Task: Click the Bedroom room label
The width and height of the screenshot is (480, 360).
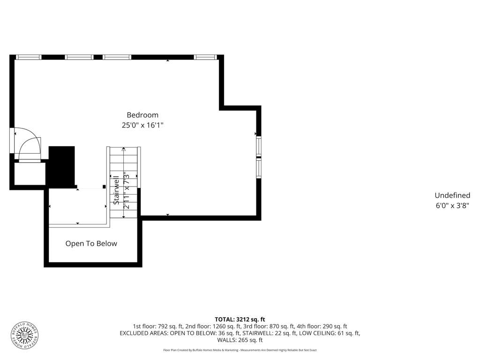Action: click(142, 115)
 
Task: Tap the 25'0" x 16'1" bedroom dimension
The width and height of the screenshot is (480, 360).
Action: click(142, 125)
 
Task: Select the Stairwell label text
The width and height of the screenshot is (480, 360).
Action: click(116, 190)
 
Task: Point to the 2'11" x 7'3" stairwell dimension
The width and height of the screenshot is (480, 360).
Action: click(126, 190)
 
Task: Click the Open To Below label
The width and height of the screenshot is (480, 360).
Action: click(91, 244)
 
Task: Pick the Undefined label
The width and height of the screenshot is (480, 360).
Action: click(452, 195)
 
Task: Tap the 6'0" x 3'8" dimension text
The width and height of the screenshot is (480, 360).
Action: click(452, 206)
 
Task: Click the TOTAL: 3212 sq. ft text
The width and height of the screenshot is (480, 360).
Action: click(240, 320)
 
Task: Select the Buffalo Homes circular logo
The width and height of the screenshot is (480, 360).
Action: click(25, 336)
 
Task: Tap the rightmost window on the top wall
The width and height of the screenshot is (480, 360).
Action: click(205, 57)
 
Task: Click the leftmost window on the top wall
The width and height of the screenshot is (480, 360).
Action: click(29, 57)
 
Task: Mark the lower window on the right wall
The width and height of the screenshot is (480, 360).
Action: click(259, 168)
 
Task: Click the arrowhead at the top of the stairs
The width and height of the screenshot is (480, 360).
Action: click(124, 149)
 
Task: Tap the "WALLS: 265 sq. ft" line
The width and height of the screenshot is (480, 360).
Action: click(240, 340)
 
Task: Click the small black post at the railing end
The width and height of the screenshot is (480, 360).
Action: click(104, 187)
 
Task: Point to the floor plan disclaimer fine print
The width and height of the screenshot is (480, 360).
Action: click(240, 350)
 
